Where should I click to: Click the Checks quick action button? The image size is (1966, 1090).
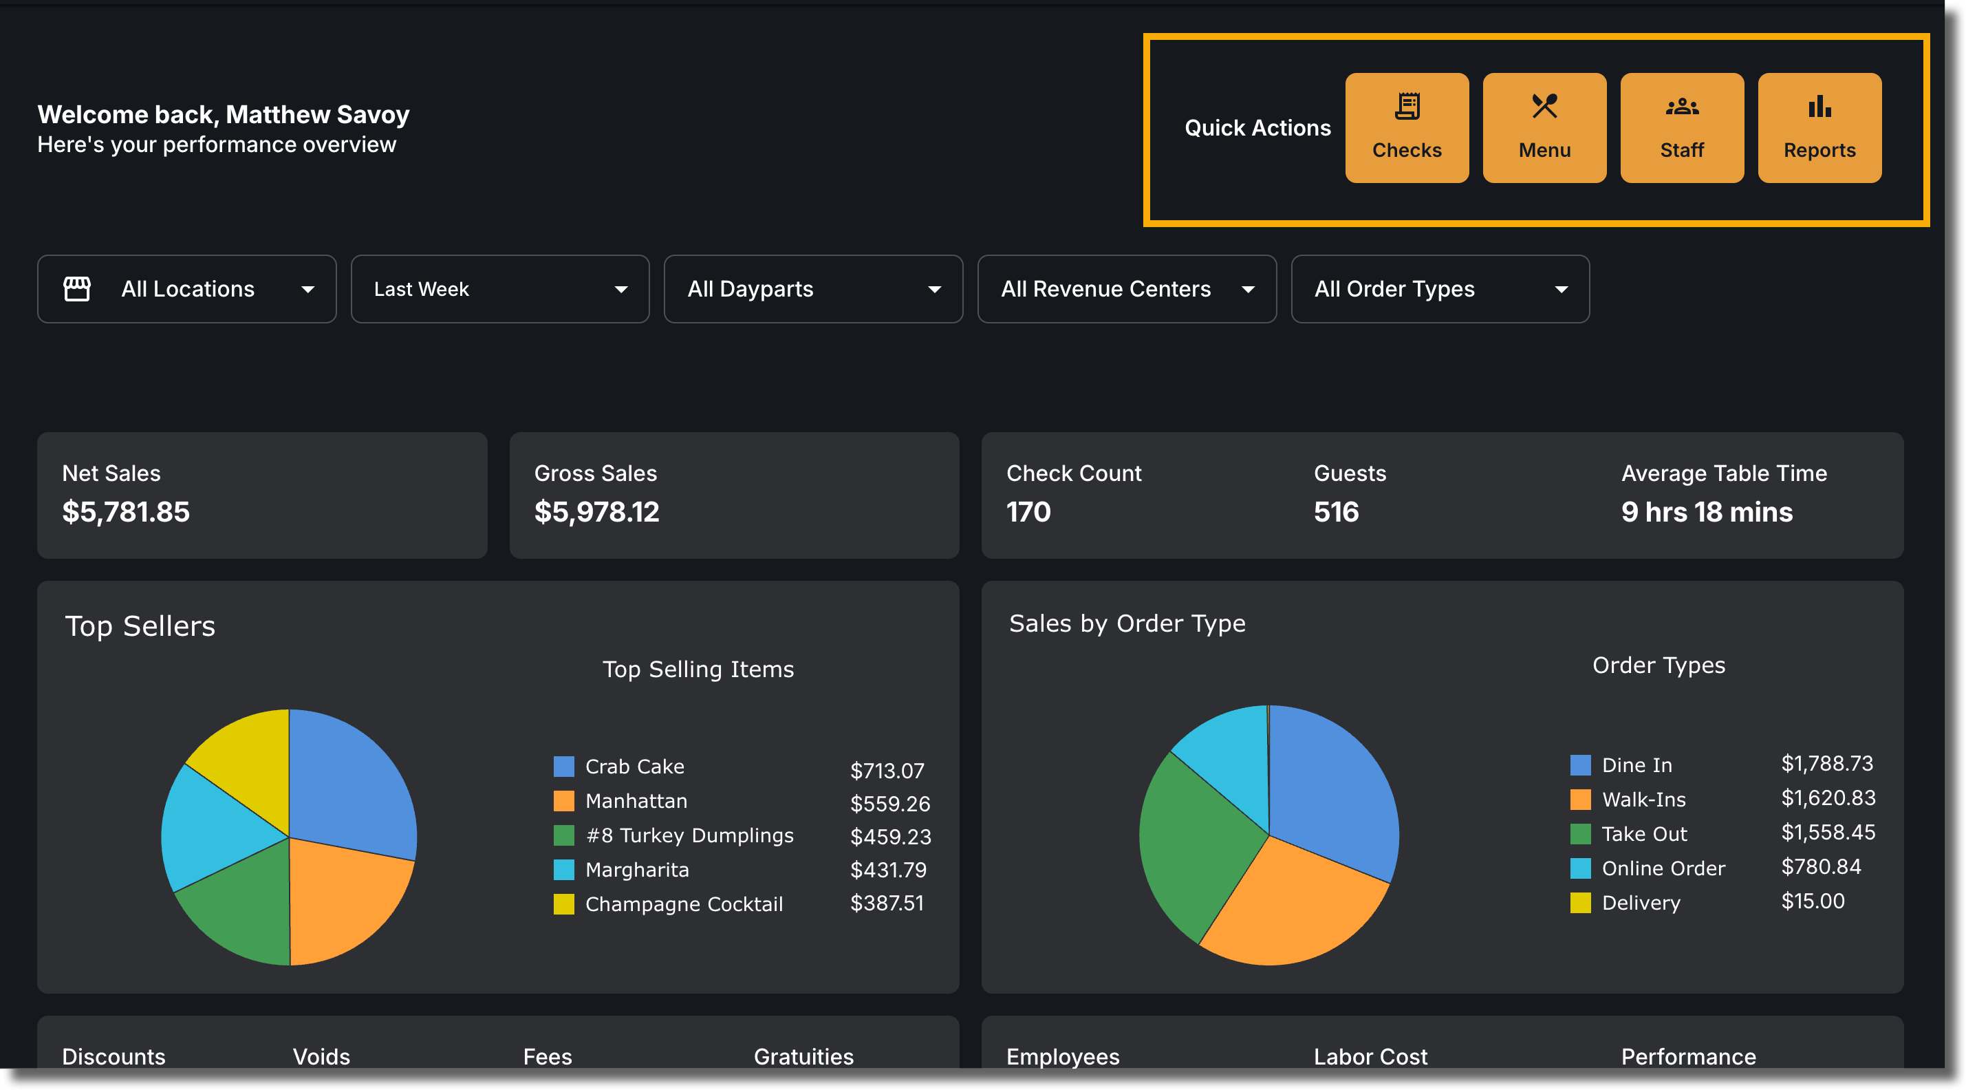1407,127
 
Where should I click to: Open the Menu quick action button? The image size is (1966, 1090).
1544,127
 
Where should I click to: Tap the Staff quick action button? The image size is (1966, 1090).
1681,127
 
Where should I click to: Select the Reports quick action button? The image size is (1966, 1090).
1819,127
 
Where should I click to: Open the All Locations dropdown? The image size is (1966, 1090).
187,288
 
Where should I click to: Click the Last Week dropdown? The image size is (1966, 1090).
500,288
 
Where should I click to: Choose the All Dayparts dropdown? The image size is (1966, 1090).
814,288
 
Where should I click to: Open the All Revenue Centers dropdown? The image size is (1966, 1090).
1127,288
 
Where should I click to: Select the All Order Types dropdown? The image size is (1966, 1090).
1440,288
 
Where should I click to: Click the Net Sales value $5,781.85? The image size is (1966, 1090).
126,511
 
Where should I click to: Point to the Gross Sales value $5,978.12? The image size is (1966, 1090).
597,511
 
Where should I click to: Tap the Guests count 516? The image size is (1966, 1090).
1337,511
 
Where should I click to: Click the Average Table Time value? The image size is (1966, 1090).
1707,511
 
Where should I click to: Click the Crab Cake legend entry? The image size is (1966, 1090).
619,766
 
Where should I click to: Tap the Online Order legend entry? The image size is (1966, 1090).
1648,868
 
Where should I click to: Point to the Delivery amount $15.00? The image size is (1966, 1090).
1813,901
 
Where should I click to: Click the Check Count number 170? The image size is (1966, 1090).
1028,511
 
